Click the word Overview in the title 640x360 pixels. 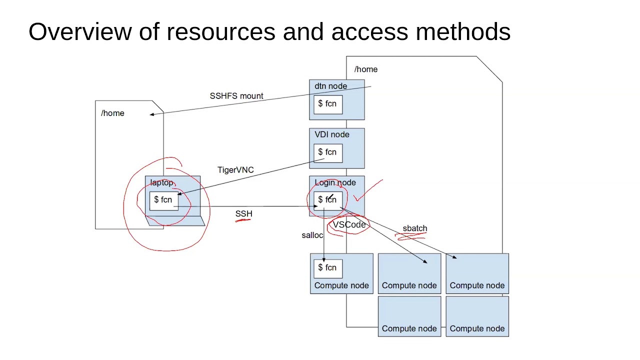pyautogui.click(x=80, y=31)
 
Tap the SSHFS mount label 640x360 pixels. pyautogui.click(x=236, y=96)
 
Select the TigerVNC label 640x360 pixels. pyautogui.click(x=235, y=170)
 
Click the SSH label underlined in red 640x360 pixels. pyautogui.click(x=243, y=213)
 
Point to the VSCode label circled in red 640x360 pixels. pyautogui.click(x=349, y=224)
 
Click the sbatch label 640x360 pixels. pyautogui.click(x=415, y=228)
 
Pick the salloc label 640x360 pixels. pyautogui.click(x=312, y=235)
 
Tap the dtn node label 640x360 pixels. pyautogui.click(x=330, y=86)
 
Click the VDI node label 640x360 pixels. pyautogui.click(x=331, y=134)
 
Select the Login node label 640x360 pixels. pyautogui.click(x=335, y=182)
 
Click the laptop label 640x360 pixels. pyautogui.click(x=161, y=183)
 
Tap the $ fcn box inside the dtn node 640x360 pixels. pyautogui.click(x=328, y=105)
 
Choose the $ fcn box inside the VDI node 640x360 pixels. pyautogui.click(x=328, y=153)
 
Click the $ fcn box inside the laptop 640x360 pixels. pyautogui.click(x=163, y=201)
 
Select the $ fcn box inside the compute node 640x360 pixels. pyautogui.click(x=328, y=269)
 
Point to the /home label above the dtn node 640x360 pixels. pyautogui.click(x=365, y=69)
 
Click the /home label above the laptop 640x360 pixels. pyautogui.click(x=112, y=113)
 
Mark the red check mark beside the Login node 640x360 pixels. pyautogui.click(x=368, y=190)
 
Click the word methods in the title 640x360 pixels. pyautogui.click(x=463, y=31)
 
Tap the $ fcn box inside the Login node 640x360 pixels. pyautogui.click(x=328, y=201)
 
